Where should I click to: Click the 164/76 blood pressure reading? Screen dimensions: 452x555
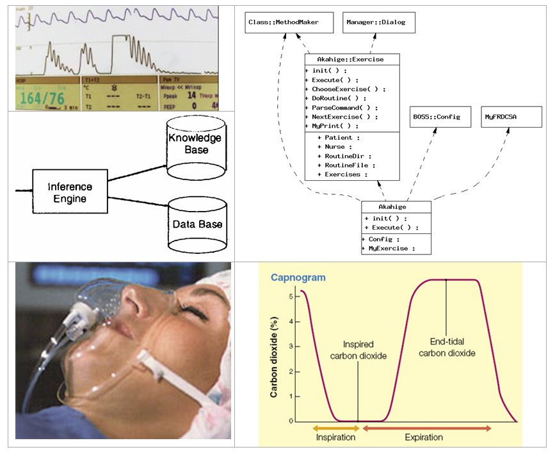point(44,98)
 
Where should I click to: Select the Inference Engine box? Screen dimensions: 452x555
point(70,192)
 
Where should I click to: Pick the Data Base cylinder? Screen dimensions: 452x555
point(197,224)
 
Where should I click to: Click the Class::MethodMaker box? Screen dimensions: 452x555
point(282,23)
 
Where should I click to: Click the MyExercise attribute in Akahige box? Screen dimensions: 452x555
point(389,248)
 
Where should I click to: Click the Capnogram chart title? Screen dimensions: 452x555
point(298,278)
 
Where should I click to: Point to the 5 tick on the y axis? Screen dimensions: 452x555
point(291,297)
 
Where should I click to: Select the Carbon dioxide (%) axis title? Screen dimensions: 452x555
point(274,356)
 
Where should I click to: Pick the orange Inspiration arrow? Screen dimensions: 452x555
point(337,427)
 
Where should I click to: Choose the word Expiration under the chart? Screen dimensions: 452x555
point(423,437)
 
